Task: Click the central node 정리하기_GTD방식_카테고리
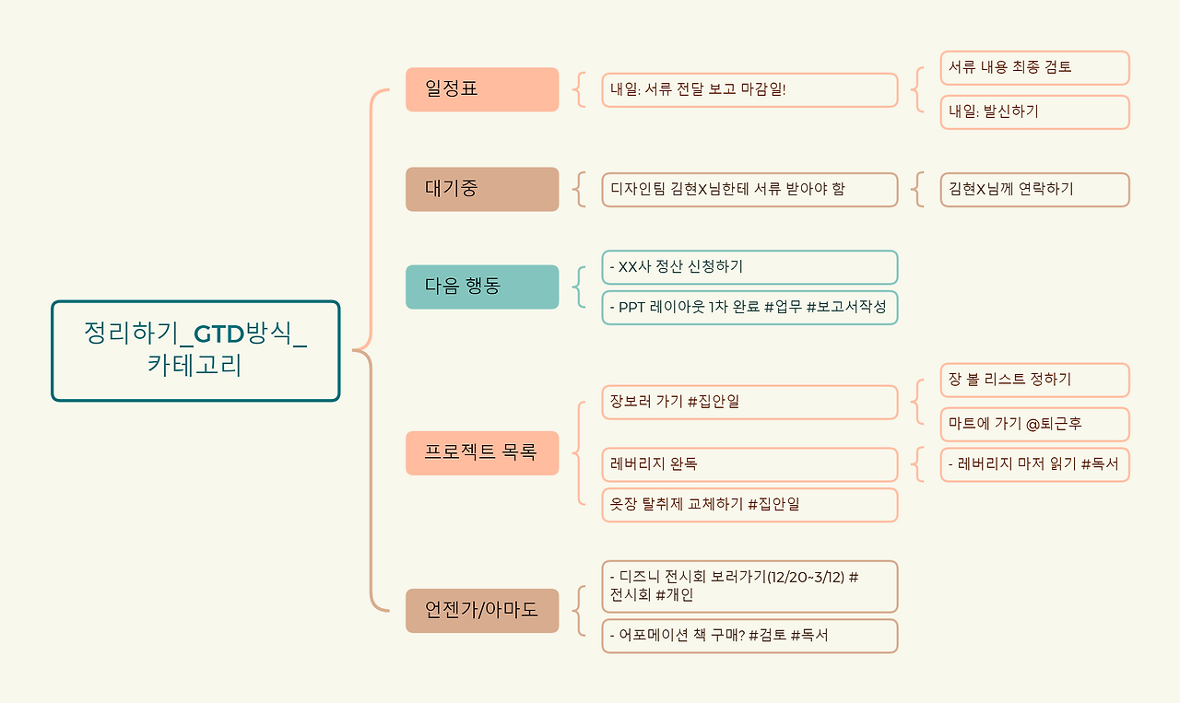tap(195, 350)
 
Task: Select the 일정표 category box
tap(482, 89)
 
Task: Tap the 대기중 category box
tap(482, 189)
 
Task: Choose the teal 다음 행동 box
tap(482, 287)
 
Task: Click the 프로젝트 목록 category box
tap(482, 452)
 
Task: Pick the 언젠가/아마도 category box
tap(482, 610)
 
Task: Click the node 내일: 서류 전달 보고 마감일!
tap(749, 90)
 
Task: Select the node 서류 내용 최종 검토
tap(1034, 67)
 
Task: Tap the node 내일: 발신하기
tap(1034, 111)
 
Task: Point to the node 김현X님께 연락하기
tap(1034, 189)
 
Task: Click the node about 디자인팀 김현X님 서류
tap(749, 189)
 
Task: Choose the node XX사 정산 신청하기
tap(749, 267)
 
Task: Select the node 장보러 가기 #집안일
tap(749, 402)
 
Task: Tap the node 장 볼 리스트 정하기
tap(1034, 380)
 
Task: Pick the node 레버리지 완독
tap(749, 464)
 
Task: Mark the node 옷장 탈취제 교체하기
tap(749, 505)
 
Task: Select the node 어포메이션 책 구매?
tap(749, 636)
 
